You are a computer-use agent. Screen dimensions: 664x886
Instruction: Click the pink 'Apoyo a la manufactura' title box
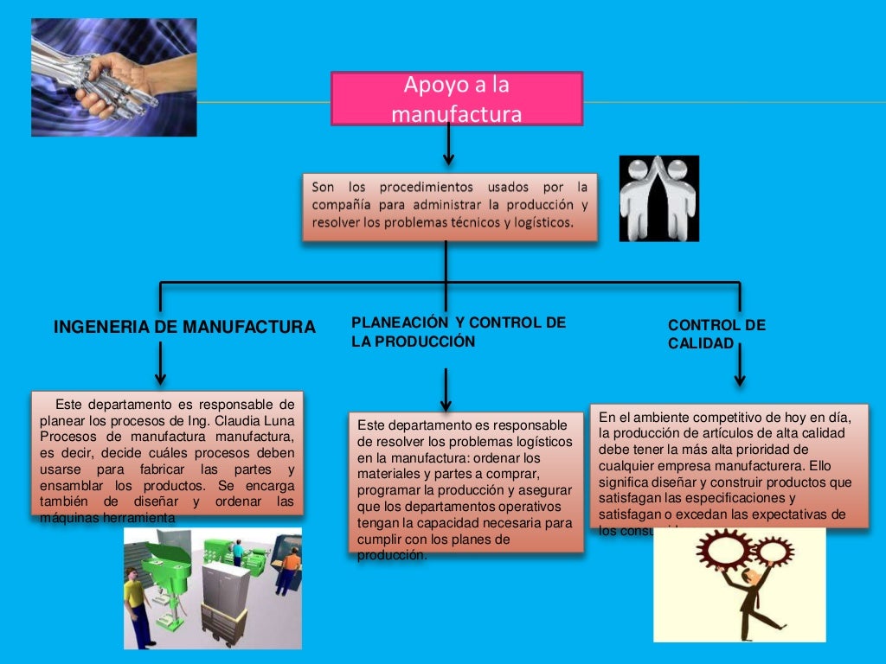(x=456, y=99)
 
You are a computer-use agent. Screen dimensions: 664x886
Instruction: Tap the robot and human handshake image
(x=113, y=77)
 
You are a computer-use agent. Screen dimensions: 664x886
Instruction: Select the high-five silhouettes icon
(x=658, y=198)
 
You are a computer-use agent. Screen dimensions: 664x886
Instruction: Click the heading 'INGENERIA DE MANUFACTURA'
(x=184, y=328)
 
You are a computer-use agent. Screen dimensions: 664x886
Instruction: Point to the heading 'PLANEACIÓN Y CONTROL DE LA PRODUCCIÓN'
(x=458, y=332)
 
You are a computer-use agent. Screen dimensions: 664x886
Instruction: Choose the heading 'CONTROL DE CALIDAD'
(x=716, y=335)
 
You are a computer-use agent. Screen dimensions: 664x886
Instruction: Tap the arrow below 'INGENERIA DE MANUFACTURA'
(x=160, y=363)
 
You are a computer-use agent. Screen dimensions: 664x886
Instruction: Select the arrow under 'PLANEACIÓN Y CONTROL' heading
(x=446, y=391)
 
